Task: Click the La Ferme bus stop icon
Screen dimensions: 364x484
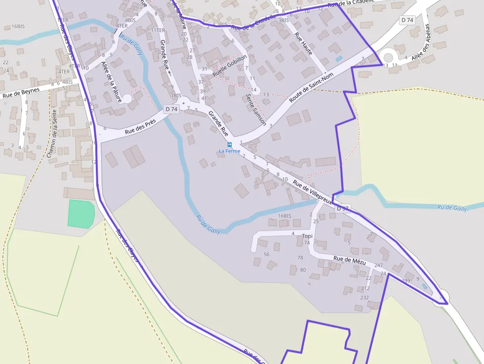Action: [230, 145]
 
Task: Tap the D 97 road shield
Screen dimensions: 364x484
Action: [343, 208]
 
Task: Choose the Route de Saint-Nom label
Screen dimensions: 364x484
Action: [311, 87]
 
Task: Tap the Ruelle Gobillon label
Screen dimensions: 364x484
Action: [230, 65]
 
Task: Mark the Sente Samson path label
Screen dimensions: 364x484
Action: [256, 109]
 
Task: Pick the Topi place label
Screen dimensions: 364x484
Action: [307, 236]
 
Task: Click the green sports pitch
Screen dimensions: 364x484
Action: [81, 213]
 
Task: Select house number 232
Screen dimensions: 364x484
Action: [364, 297]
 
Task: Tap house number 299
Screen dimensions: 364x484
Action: [406, 281]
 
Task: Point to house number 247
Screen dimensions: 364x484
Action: [378, 265]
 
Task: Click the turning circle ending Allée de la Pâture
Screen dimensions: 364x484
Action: [127, 99]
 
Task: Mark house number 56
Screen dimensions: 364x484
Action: [267, 254]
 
